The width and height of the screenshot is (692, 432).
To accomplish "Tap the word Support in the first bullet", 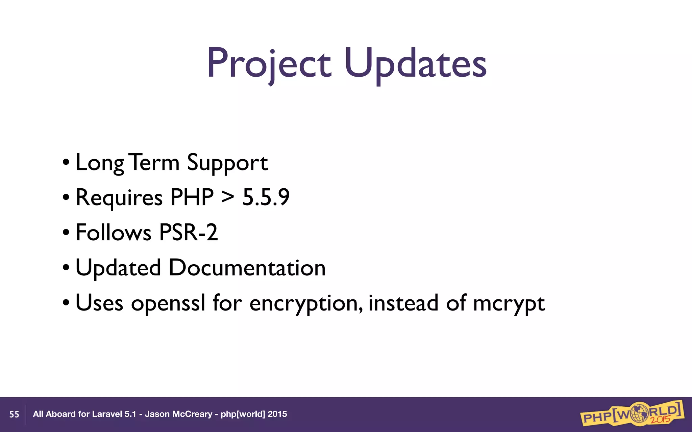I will [x=227, y=163].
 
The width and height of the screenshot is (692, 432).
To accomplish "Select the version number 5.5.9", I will [x=266, y=197].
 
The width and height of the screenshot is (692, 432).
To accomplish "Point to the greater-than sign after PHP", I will [x=227, y=197].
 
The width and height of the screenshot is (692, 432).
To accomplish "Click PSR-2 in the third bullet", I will [x=188, y=233].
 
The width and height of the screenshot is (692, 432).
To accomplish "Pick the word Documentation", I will [x=247, y=268].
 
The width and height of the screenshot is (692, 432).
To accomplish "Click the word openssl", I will [x=168, y=303].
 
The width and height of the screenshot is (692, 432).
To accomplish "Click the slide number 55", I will [x=14, y=414].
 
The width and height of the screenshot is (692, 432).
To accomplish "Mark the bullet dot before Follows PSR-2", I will [x=66, y=233].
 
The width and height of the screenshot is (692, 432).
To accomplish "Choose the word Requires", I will [x=119, y=198].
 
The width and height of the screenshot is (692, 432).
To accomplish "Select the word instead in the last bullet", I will [x=403, y=303].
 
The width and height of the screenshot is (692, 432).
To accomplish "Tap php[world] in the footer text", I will [x=243, y=414].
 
